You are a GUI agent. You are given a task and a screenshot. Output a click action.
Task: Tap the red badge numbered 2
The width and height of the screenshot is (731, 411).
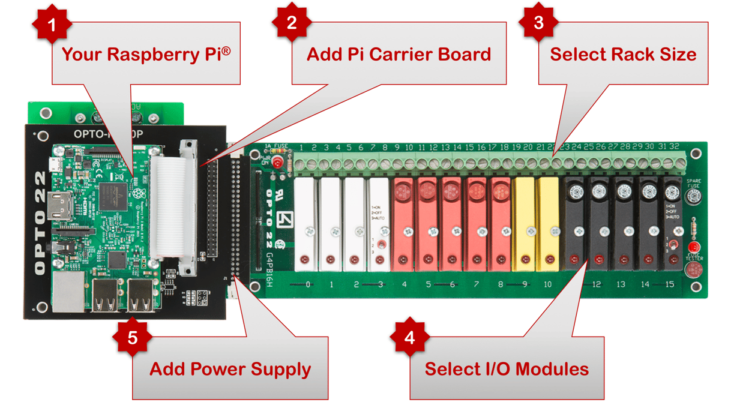pos(292,23)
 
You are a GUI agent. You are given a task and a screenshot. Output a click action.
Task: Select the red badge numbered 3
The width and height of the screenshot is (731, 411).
pos(539,23)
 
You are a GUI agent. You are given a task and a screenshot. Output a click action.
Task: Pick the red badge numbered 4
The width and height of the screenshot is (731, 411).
pos(410,338)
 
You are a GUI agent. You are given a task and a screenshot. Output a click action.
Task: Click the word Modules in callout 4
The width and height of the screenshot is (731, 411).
pos(551,368)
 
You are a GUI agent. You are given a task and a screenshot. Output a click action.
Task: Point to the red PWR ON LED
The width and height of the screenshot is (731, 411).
pos(278,162)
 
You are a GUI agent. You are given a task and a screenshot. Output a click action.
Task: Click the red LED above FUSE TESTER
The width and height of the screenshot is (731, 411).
pos(694,247)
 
